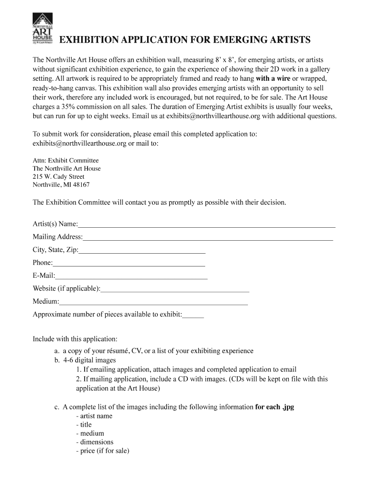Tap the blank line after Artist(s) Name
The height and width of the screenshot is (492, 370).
click(207, 224)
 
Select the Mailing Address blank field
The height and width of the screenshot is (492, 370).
click(208, 237)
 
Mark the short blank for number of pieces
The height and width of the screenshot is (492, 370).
click(193, 316)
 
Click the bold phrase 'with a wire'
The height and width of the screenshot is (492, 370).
click(273, 78)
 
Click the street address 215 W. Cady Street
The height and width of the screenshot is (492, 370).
click(58, 176)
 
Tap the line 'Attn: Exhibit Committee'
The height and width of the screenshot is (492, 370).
click(65, 160)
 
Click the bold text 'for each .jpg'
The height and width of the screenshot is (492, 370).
click(274, 407)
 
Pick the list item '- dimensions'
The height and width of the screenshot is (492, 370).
click(95, 442)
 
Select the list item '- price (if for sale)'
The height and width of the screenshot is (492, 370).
click(102, 451)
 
